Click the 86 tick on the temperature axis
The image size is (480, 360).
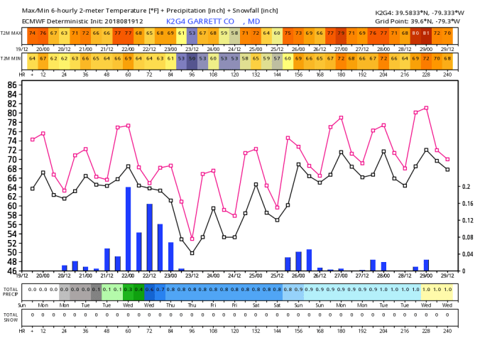click(x=12, y=84)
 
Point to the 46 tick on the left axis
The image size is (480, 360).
click(x=12, y=271)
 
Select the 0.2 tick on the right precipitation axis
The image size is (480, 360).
click(x=467, y=187)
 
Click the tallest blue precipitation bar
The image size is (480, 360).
click(x=129, y=229)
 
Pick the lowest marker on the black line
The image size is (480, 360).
click(x=192, y=253)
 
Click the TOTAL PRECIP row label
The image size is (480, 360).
click(x=10, y=290)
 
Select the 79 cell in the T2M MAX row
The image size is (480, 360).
click(x=341, y=33)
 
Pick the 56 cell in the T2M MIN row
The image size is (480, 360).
click(x=192, y=58)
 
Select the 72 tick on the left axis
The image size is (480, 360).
click(x=12, y=150)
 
